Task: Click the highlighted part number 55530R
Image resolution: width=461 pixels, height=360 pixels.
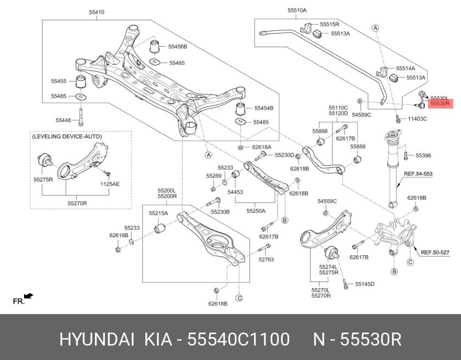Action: tap(440, 103)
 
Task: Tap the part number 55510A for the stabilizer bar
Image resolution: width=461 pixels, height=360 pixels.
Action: tap(297, 10)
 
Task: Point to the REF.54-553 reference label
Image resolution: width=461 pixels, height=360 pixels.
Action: tap(418, 175)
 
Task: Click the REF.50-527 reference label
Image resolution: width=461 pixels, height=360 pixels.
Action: tap(435, 252)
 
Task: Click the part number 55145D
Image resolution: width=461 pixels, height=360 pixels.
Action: tap(364, 284)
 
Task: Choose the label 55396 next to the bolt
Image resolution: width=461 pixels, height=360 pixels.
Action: tap(423, 156)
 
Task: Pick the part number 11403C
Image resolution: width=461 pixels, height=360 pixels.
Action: tap(417, 119)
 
